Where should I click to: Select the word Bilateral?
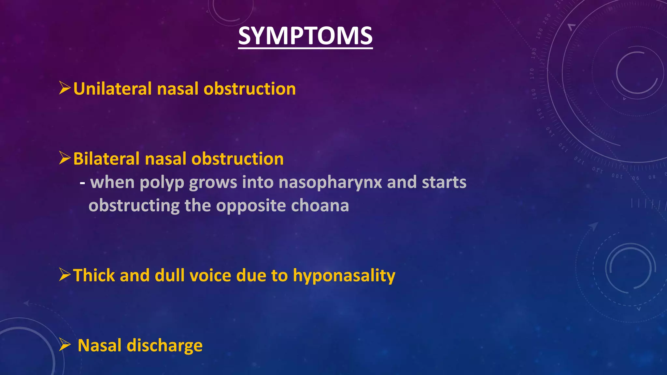(x=106, y=159)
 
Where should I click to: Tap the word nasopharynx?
(x=330, y=182)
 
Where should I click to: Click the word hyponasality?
(x=344, y=276)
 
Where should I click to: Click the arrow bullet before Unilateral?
(x=65, y=88)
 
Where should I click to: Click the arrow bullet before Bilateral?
(x=65, y=158)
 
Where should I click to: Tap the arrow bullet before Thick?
(x=65, y=275)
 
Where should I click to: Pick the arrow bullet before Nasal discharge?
(x=65, y=345)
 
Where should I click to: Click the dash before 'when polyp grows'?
(x=83, y=183)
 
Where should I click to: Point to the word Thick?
(x=94, y=275)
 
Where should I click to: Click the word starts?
(x=444, y=182)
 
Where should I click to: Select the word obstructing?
(x=134, y=206)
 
